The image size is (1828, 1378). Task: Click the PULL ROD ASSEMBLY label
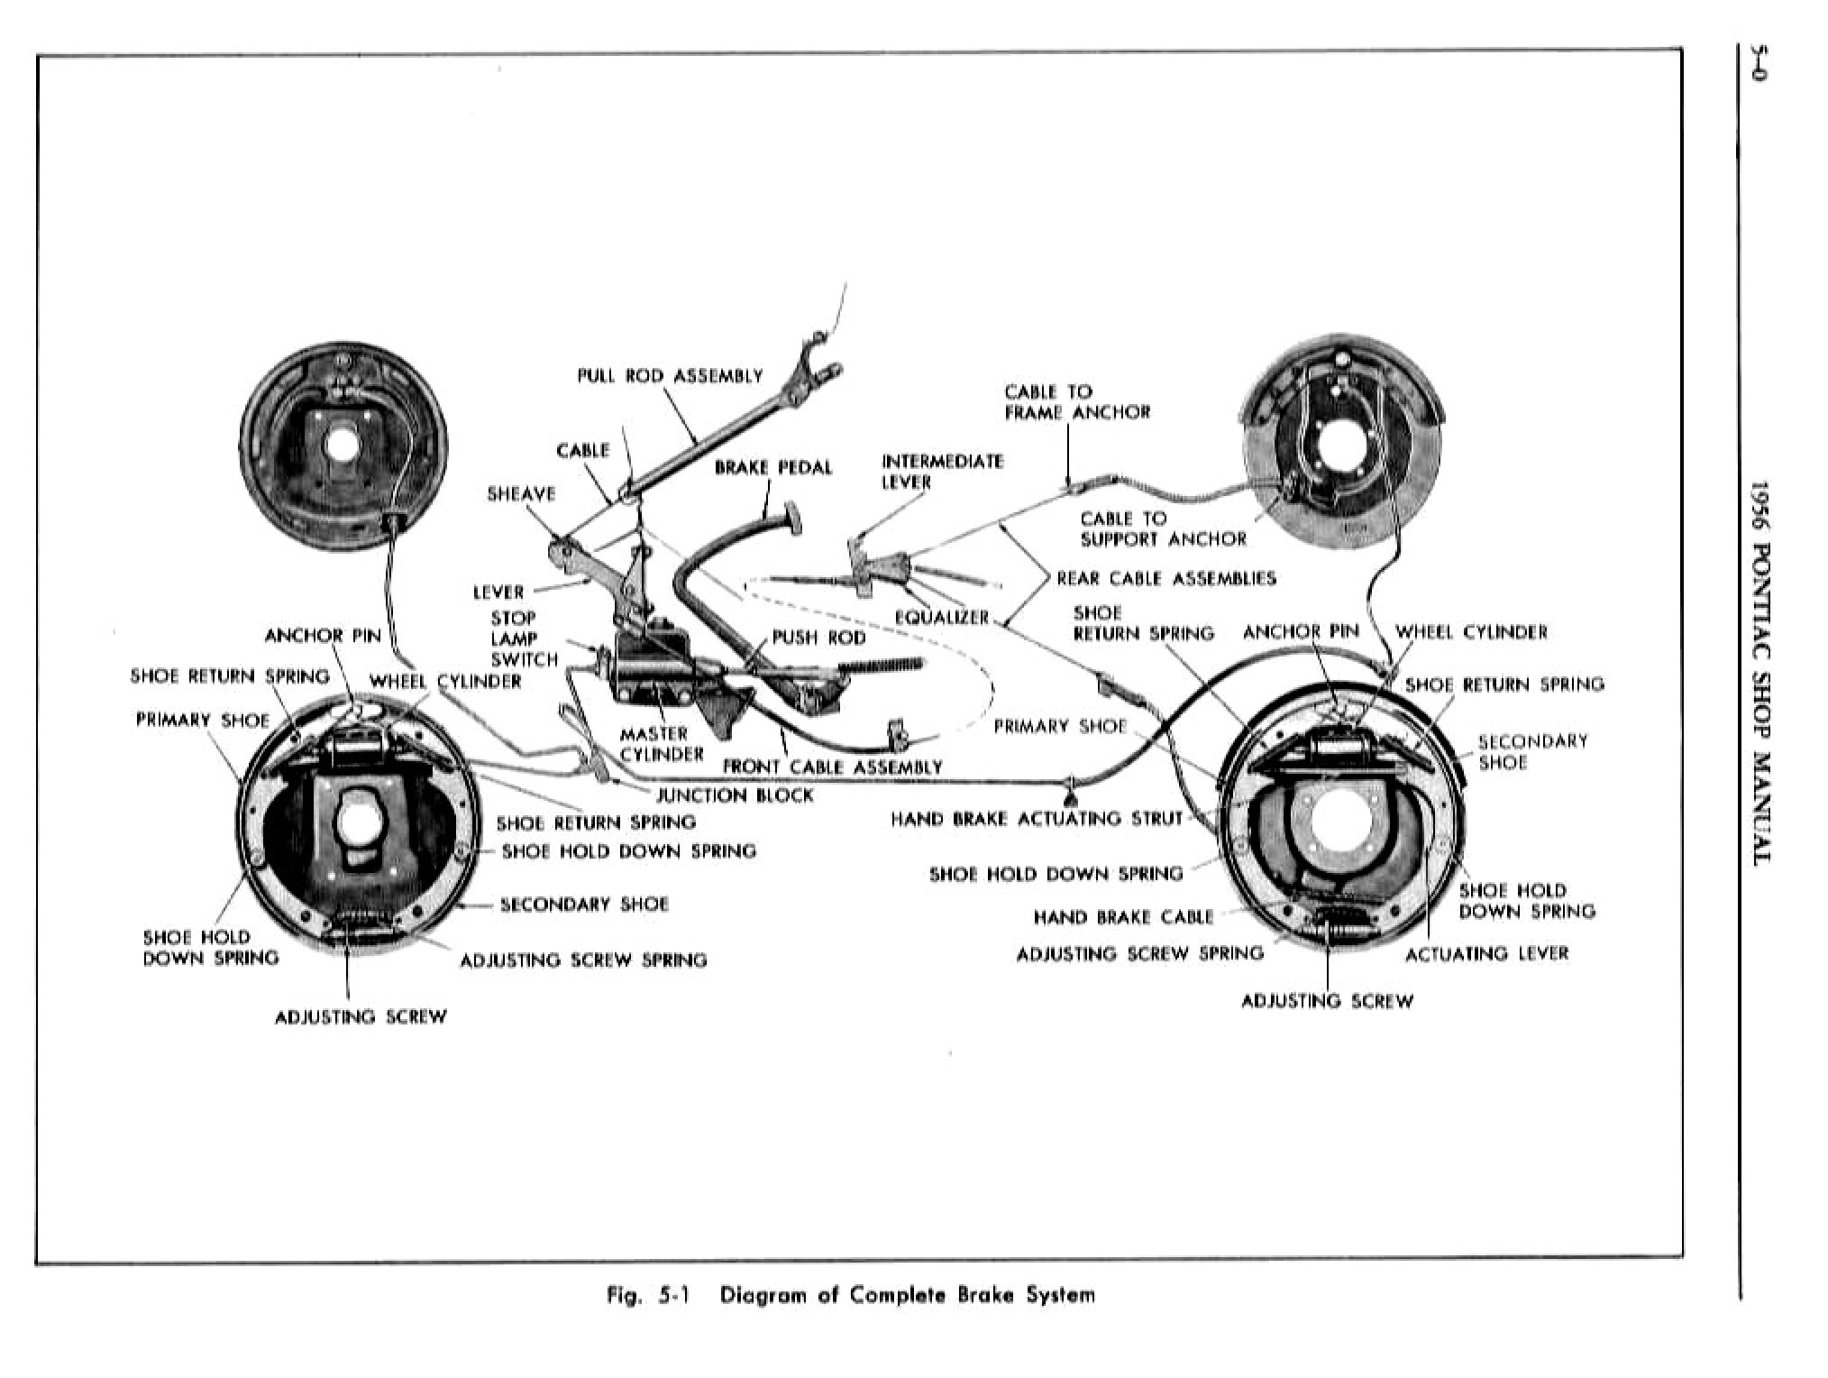670,376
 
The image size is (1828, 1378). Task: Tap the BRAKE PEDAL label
772,467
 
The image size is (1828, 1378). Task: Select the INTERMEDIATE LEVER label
941,472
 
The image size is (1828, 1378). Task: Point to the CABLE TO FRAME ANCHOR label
1076,402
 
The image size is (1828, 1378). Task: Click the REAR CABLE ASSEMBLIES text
1165,578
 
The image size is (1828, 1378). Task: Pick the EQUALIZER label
941,617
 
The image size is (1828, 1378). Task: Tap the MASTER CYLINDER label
660,744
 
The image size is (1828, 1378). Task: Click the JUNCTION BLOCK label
734,795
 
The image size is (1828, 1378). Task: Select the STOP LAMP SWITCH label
522,638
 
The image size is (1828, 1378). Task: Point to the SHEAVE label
521,494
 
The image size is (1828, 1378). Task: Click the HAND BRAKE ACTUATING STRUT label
1036,819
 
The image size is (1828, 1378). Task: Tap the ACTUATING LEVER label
1486,953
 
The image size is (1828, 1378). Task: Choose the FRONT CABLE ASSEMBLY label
832,767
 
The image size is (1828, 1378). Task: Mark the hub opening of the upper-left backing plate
342,445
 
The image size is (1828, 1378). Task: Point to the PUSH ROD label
818,638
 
